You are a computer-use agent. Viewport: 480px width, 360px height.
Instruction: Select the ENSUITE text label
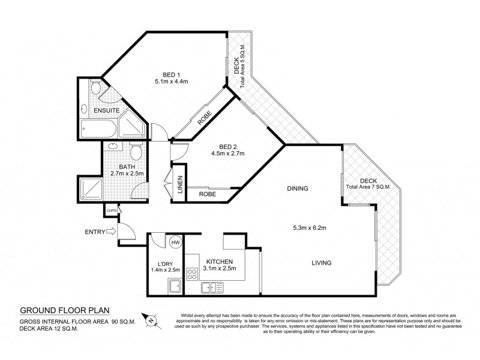105,111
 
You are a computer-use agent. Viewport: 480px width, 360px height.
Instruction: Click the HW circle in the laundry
176,242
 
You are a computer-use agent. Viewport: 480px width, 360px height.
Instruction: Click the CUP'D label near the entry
111,211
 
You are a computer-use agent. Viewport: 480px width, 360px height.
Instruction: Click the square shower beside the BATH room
91,188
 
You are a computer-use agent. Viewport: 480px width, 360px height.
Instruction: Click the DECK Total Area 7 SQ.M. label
368,184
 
